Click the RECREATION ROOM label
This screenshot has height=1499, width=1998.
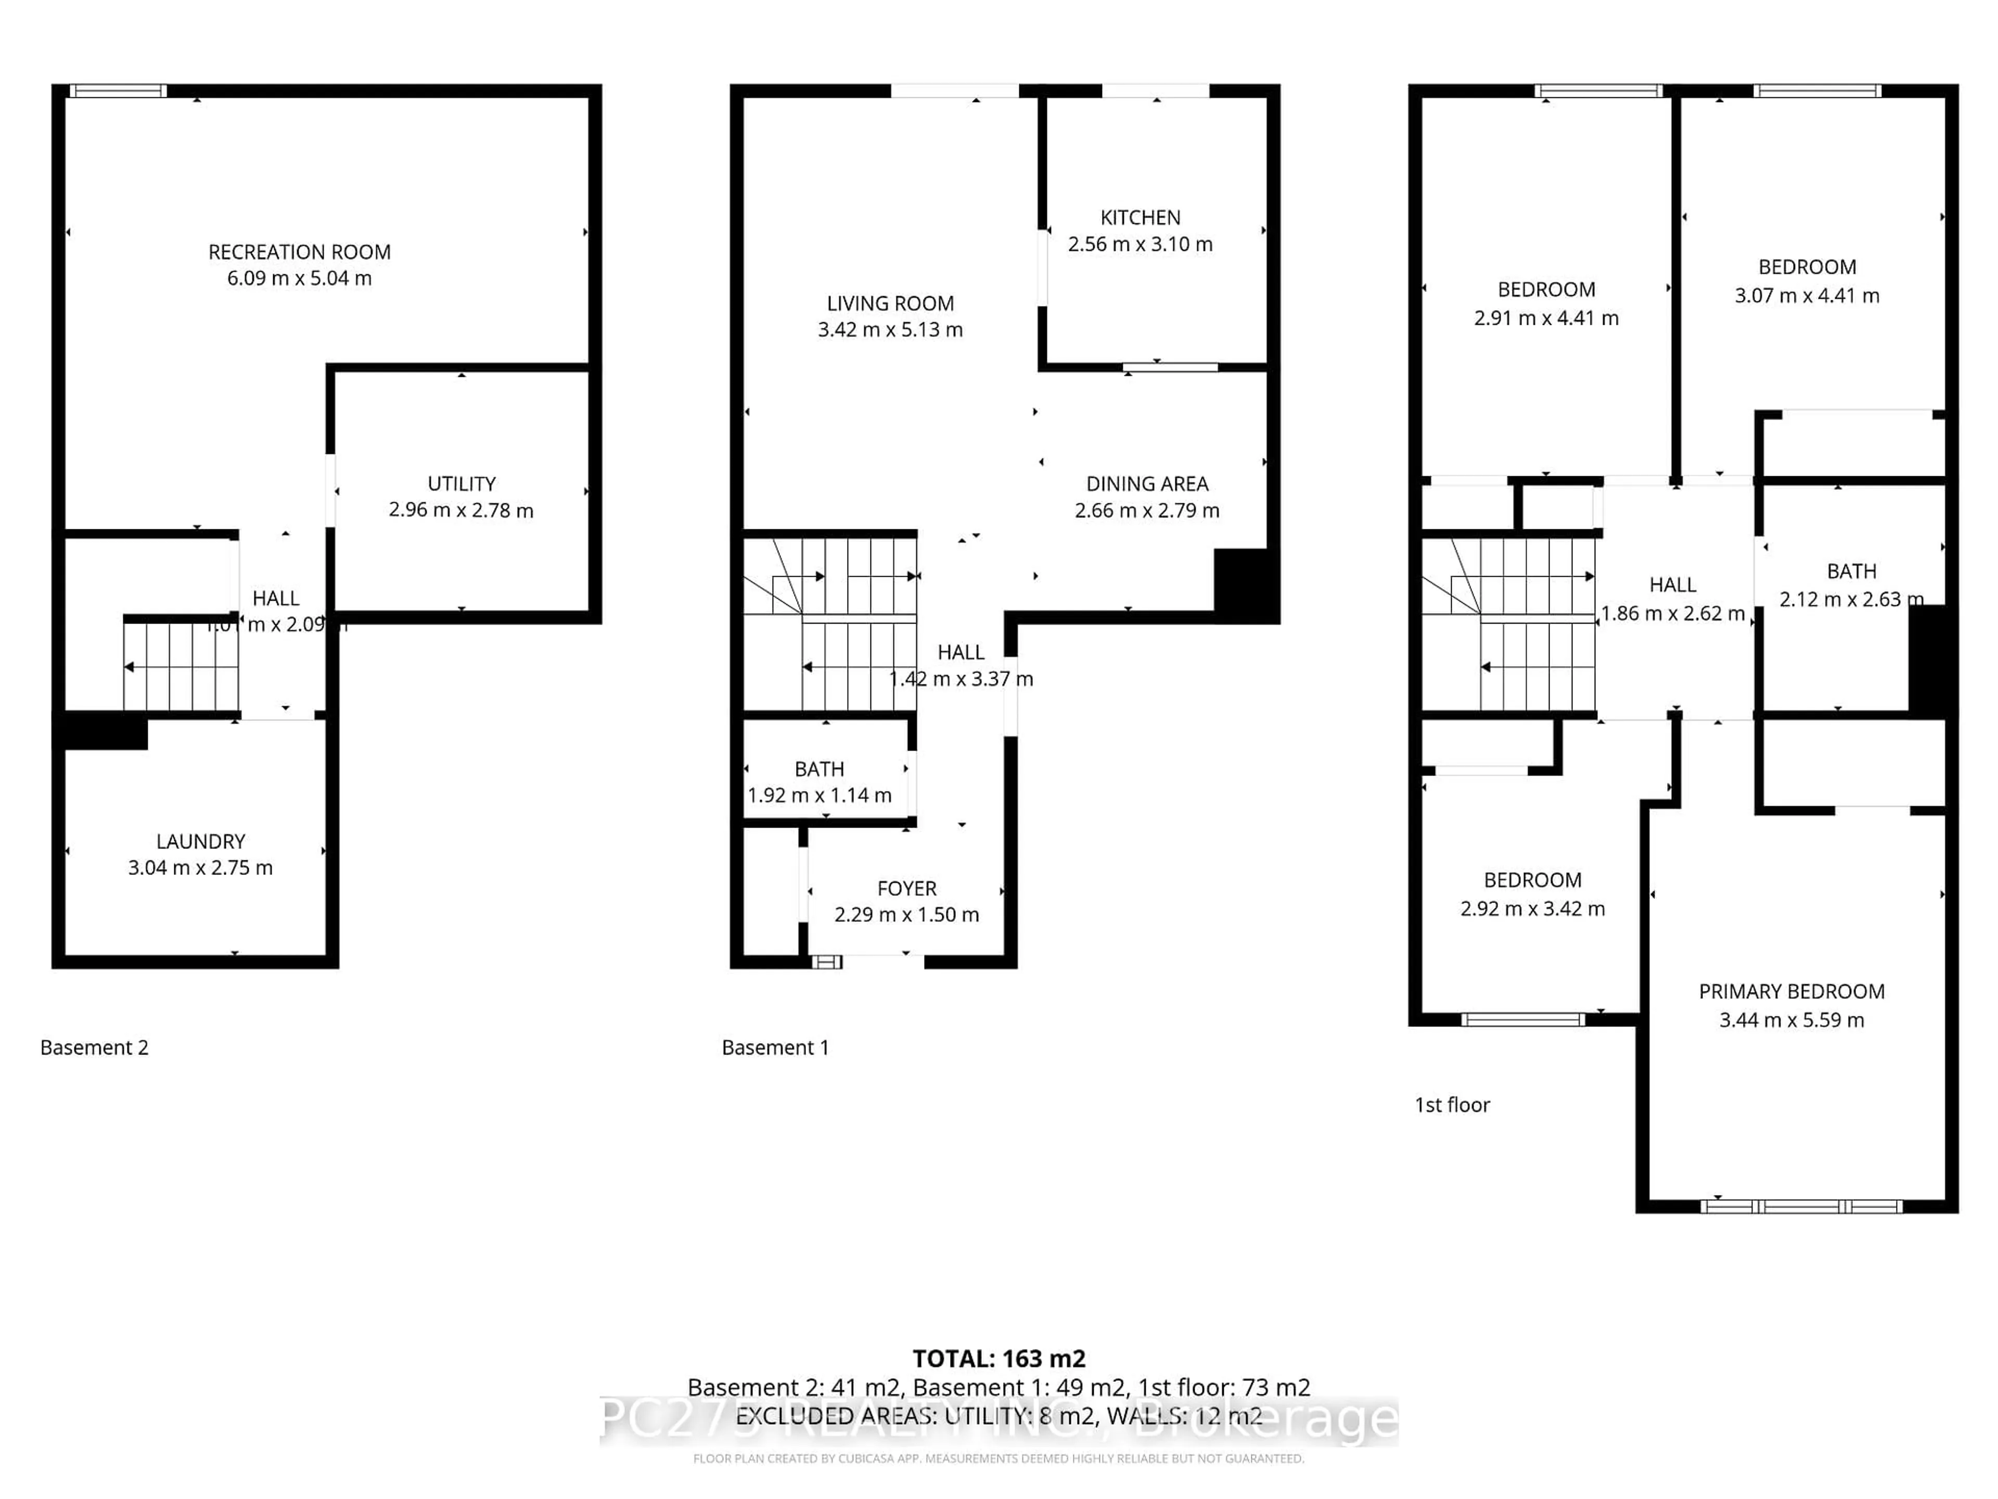[299, 252]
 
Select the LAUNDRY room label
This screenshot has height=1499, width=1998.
[200, 841]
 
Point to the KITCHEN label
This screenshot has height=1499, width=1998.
[1140, 218]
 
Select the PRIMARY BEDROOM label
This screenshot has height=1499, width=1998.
[1791, 991]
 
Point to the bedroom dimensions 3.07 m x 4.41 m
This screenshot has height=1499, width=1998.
[1807, 296]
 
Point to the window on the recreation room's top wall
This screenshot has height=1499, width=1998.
[118, 91]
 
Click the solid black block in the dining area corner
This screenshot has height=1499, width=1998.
[1245, 583]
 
